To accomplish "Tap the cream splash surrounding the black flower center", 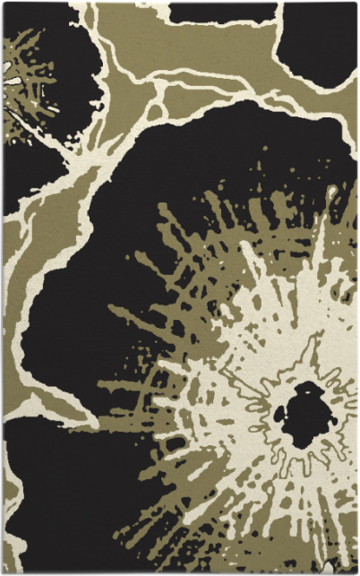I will (x=269, y=358).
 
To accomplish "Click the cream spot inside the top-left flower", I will (x=13, y=82).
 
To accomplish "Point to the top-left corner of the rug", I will (x=3, y=3).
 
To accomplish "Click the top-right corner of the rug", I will (x=356, y=3).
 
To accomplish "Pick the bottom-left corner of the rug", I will (x=3, y=572).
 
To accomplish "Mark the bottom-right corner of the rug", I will (x=356, y=572).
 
